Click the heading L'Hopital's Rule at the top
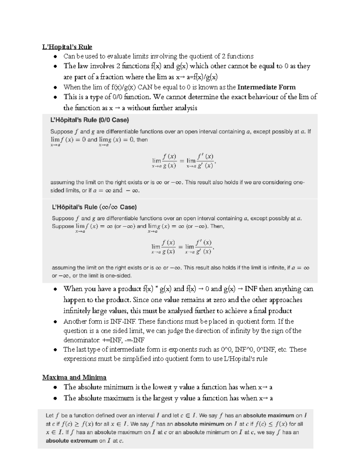tap(67, 47)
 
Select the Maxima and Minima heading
tap(74, 377)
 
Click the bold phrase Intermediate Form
tap(266, 87)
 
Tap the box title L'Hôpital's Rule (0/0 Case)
tap(89, 120)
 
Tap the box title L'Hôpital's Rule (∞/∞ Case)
tap(94, 207)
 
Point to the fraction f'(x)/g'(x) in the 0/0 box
tap(205, 161)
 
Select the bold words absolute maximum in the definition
tap(268, 416)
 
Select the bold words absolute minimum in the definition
tap(199, 424)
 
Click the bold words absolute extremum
tap(71, 441)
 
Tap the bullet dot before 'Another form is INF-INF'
tap(55, 322)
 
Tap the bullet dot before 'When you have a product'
tap(55, 289)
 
